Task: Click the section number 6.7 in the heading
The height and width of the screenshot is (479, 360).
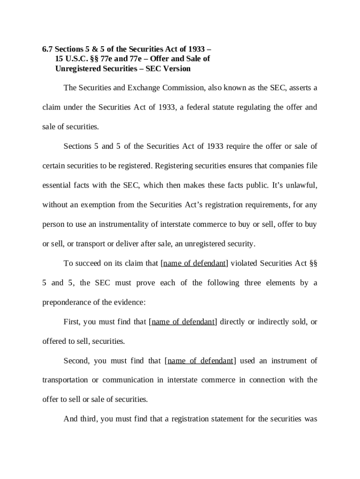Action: click(x=47, y=49)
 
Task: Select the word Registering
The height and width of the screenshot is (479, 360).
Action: click(x=173, y=166)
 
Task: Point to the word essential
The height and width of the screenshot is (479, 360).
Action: click(x=57, y=185)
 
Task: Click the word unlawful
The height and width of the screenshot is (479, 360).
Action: click(x=301, y=185)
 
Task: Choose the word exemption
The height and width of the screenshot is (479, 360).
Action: click(x=105, y=204)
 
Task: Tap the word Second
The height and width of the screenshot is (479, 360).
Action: click(x=76, y=361)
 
